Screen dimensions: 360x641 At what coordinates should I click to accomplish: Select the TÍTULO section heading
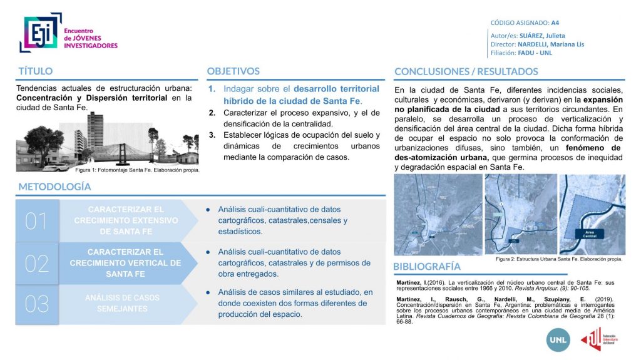click(36, 71)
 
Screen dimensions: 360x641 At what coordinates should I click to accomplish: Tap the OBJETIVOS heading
click(233, 71)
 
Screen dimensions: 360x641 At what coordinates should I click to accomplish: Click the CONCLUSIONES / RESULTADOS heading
click(466, 71)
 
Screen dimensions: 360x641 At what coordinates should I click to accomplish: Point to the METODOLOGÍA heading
click(54, 187)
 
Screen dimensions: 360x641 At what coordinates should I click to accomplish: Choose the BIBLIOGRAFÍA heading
click(427, 267)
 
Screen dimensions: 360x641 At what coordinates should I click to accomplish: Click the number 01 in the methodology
click(36, 221)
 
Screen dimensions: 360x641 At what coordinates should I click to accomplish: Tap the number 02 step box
click(36, 263)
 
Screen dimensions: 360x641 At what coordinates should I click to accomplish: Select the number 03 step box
click(36, 304)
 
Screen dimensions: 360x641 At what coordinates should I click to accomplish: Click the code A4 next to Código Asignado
click(555, 23)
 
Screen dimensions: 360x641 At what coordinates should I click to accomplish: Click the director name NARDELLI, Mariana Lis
click(551, 44)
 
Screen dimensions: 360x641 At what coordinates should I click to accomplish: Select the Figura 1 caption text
click(136, 170)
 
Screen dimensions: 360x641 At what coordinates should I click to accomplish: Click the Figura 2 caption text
click(558, 259)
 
